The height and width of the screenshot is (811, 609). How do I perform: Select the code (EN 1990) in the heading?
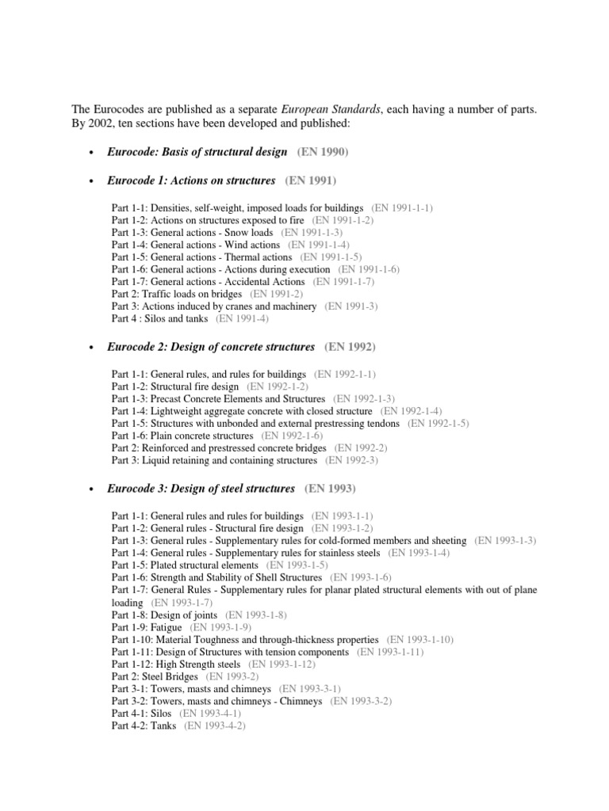click(323, 152)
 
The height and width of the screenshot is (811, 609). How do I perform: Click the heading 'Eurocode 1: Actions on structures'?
click(191, 181)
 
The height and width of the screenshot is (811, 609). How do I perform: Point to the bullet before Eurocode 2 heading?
click(93, 348)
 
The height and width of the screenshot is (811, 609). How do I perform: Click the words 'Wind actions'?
click(250, 246)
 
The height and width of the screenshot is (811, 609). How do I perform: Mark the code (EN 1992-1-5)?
click(438, 424)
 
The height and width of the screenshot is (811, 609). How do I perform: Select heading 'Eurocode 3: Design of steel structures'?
click(201, 489)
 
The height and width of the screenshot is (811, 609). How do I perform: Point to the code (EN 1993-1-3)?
click(505, 540)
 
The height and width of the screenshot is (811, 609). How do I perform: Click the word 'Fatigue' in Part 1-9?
click(166, 626)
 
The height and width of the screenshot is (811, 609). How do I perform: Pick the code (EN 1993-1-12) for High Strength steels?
click(282, 664)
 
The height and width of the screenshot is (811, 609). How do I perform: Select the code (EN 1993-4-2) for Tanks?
click(215, 725)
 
